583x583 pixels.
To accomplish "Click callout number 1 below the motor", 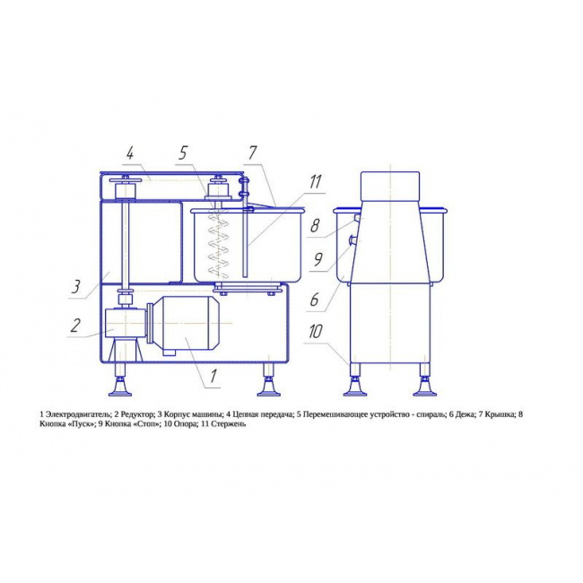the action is coord(213,376).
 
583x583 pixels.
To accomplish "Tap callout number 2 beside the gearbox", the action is coord(75,326).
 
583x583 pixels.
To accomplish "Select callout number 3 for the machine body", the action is coord(76,287).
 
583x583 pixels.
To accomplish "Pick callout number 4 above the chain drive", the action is coord(129,153).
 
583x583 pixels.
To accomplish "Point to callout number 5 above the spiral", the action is coord(183,152).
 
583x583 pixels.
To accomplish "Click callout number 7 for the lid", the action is coord(252,152).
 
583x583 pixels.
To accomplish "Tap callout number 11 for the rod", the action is coord(315,182).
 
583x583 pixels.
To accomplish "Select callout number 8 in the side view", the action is coord(315,226).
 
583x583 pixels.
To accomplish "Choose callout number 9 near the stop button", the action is coord(318,259).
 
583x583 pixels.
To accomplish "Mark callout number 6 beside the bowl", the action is coord(314,300).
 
